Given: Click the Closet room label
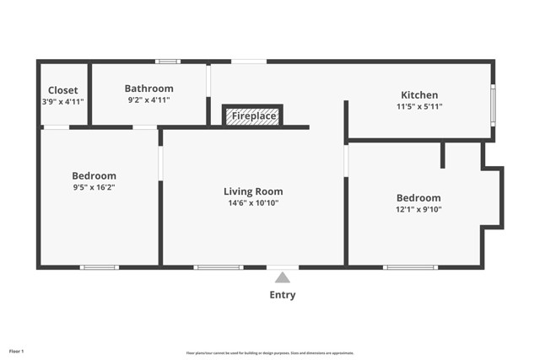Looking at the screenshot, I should [x=62, y=90].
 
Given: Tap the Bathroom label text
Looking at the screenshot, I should [x=148, y=89].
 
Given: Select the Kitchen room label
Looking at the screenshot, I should [x=419, y=95].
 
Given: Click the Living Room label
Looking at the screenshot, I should [x=253, y=191].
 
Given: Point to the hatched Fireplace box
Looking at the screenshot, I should [x=252, y=116].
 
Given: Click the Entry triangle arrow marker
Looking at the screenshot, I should [x=283, y=277].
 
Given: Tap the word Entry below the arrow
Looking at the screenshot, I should [x=283, y=295].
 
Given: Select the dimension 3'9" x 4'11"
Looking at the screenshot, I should [x=62, y=102].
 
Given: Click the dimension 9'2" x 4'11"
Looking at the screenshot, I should [x=148, y=100].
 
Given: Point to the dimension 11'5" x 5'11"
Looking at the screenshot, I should [x=419, y=107].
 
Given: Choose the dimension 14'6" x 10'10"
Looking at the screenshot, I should [x=253, y=203].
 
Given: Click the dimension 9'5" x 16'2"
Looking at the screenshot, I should [x=94, y=187].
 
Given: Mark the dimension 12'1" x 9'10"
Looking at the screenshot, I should [x=418, y=209].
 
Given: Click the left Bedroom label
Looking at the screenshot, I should [x=94, y=175].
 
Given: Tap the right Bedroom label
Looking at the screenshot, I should [x=418, y=197].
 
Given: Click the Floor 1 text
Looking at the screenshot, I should [x=17, y=351].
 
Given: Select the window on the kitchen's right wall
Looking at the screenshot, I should [x=493, y=105].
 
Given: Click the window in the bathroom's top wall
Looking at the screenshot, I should [x=168, y=61].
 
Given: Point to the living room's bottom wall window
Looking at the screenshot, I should [x=219, y=267].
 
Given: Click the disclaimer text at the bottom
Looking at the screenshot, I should [x=270, y=353].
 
